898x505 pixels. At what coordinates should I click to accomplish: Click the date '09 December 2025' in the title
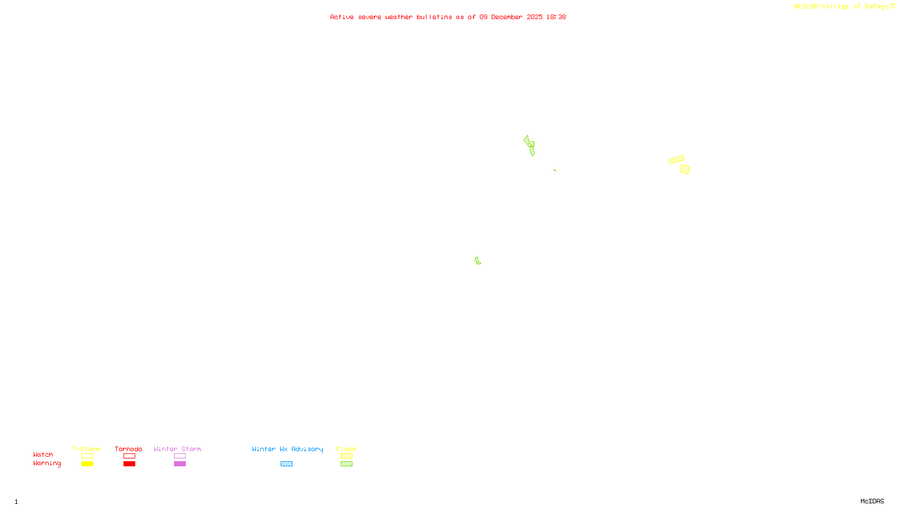(x=511, y=17)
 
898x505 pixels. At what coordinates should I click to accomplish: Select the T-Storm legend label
(x=86, y=449)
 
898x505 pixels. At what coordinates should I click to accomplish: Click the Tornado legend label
(x=129, y=449)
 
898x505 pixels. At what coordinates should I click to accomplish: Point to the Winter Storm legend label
(x=177, y=449)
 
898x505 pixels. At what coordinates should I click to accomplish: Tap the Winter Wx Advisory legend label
(x=287, y=449)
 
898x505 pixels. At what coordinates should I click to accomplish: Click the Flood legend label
(x=346, y=449)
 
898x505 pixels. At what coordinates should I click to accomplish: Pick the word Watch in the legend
(x=43, y=455)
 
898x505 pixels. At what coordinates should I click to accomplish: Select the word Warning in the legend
(x=47, y=463)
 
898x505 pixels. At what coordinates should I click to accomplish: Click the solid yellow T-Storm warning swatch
(x=87, y=464)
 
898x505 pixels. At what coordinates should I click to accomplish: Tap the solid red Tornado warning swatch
(x=130, y=464)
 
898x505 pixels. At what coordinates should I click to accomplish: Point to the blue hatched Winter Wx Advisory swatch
(x=286, y=464)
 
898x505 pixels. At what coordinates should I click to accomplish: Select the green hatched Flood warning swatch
(x=347, y=464)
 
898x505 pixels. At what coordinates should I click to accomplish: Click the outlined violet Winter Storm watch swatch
(x=180, y=456)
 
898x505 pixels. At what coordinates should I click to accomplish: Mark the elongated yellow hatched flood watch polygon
(x=677, y=159)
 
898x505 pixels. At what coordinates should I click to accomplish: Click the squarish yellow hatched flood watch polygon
(x=685, y=169)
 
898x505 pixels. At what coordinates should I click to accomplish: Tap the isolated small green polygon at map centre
(x=478, y=261)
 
